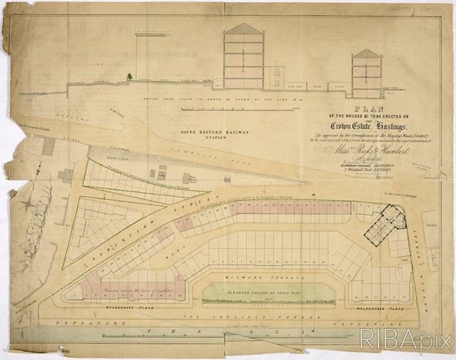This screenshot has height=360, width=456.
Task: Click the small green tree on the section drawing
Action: click(x=131, y=76)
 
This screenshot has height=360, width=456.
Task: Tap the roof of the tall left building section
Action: click(x=245, y=29)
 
